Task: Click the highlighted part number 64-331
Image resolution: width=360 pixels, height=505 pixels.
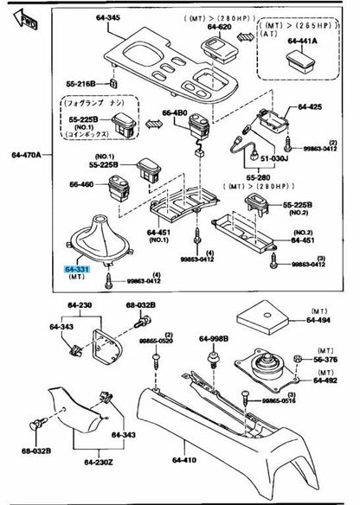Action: (77, 270)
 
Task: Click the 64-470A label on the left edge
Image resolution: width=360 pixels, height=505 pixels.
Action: (22, 155)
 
